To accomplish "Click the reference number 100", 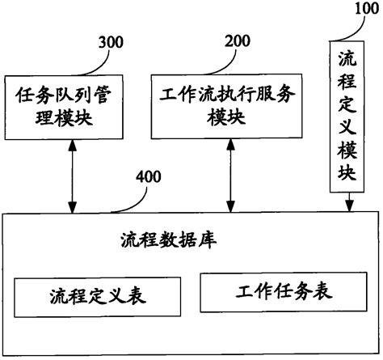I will coord(364,9).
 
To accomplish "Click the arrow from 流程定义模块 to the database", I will coord(348,201).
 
